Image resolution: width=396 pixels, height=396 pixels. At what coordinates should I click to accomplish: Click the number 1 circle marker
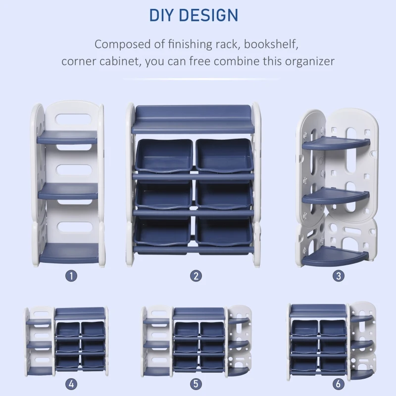coord(71,276)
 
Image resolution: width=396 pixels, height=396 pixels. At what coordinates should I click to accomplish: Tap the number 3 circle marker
coord(338,276)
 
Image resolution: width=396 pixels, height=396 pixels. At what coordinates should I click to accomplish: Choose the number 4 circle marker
coord(71,384)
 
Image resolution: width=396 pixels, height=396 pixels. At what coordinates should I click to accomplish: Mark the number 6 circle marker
coord(338,384)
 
